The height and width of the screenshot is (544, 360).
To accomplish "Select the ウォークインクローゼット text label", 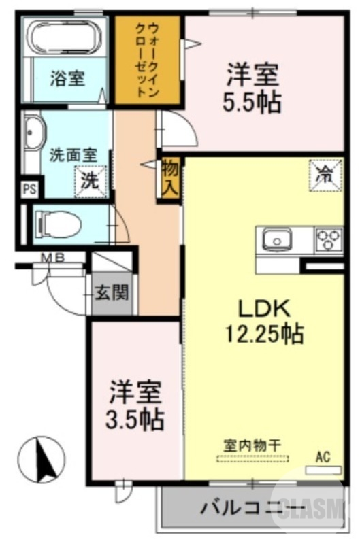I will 146,60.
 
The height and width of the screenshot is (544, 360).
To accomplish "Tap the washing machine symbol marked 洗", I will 91,181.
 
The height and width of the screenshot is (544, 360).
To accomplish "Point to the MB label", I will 50,257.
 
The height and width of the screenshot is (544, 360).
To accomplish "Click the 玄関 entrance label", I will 111,293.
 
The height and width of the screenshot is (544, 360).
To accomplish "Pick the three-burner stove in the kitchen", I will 329,239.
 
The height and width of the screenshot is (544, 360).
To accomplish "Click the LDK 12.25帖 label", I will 264,321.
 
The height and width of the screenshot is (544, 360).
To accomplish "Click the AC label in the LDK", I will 322,456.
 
